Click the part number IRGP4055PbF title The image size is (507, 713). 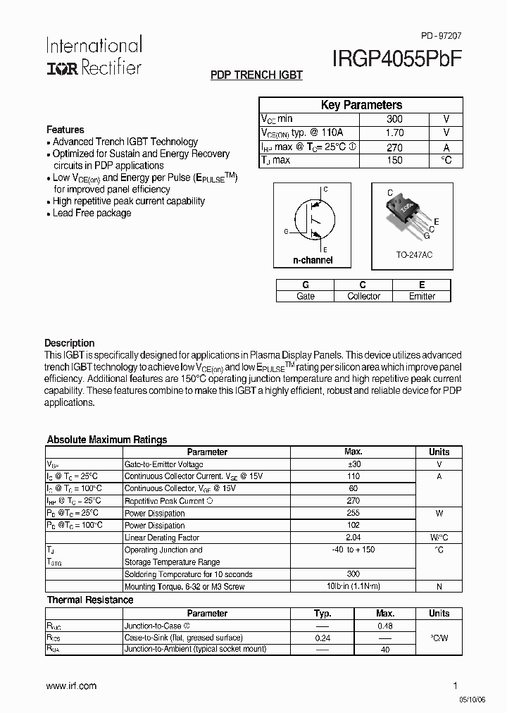point(396,60)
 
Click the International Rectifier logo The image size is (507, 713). point(94,56)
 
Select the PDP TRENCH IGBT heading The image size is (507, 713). point(257,75)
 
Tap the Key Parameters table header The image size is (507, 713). point(361,105)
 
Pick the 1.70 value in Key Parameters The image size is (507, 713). point(394,132)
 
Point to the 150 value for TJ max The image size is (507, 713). point(394,161)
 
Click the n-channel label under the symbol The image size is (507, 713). point(313,260)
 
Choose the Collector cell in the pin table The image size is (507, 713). point(363,297)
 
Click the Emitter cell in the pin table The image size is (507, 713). point(422,297)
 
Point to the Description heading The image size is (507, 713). point(70,343)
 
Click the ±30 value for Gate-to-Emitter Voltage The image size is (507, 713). point(353,464)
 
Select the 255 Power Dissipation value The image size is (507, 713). point(353,513)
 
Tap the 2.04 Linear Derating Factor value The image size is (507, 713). point(353,538)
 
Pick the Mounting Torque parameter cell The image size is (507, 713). point(184,586)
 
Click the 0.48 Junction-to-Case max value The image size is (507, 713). point(384,625)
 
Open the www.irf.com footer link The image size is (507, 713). point(71,686)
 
